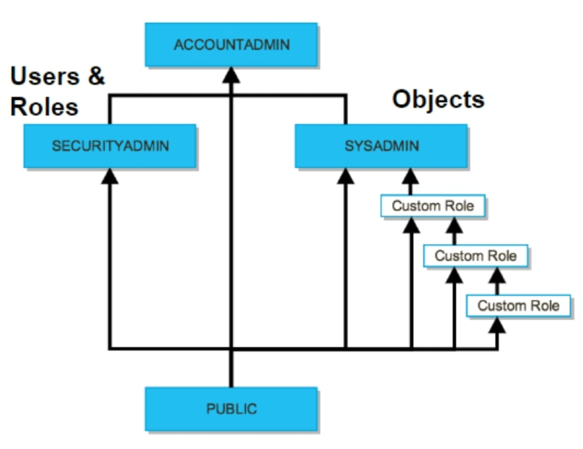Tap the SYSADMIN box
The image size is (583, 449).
[x=381, y=146]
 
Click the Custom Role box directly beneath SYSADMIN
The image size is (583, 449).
[x=433, y=206]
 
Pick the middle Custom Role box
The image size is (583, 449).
[x=475, y=256]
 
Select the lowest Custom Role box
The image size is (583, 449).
[x=518, y=306]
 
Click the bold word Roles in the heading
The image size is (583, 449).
[x=44, y=107]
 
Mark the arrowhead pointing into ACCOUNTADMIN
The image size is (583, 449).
[x=231, y=76]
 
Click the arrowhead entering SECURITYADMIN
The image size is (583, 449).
[x=110, y=177]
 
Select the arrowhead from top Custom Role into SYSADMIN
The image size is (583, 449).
[x=410, y=177]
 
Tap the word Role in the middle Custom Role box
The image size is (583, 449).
[x=502, y=256]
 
